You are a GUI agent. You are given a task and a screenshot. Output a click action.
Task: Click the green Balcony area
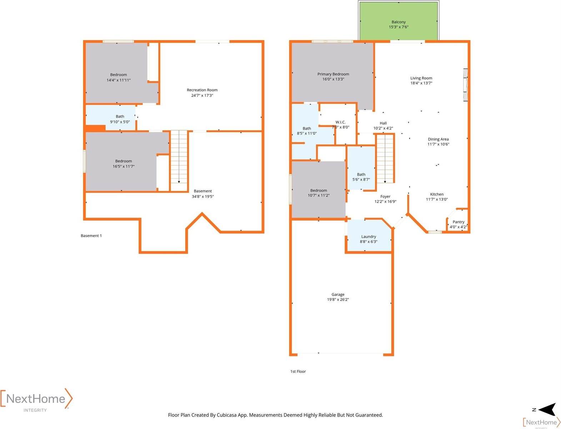[x=399, y=21]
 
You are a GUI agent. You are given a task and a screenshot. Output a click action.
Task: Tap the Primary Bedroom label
[x=333, y=74]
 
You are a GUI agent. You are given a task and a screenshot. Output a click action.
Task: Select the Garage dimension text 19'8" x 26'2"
[x=338, y=299]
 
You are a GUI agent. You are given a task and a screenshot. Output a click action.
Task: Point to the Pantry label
[x=458, y=222]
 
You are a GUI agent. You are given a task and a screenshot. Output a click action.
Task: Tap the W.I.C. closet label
[x=340, y=122]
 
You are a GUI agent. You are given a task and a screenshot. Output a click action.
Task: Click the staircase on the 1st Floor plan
[x=385, y=159]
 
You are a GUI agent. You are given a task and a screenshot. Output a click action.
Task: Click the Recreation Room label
[x=202, y=90]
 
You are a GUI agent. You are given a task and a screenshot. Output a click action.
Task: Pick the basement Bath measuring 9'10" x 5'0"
[x=110, y=117]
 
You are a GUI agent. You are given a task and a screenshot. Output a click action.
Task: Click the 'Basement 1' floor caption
[x=91, y=236]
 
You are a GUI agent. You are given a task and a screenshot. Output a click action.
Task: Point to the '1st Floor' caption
[x=298, y=371]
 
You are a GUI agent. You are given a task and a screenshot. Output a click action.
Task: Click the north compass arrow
[x=547, y=410]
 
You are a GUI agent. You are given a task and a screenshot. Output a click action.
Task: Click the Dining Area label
[x=438, y=139]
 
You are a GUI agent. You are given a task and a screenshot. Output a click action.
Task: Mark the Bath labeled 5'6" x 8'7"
[x=361, y=168]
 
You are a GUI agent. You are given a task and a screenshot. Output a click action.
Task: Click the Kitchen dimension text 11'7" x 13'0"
[x=436, y=199]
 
